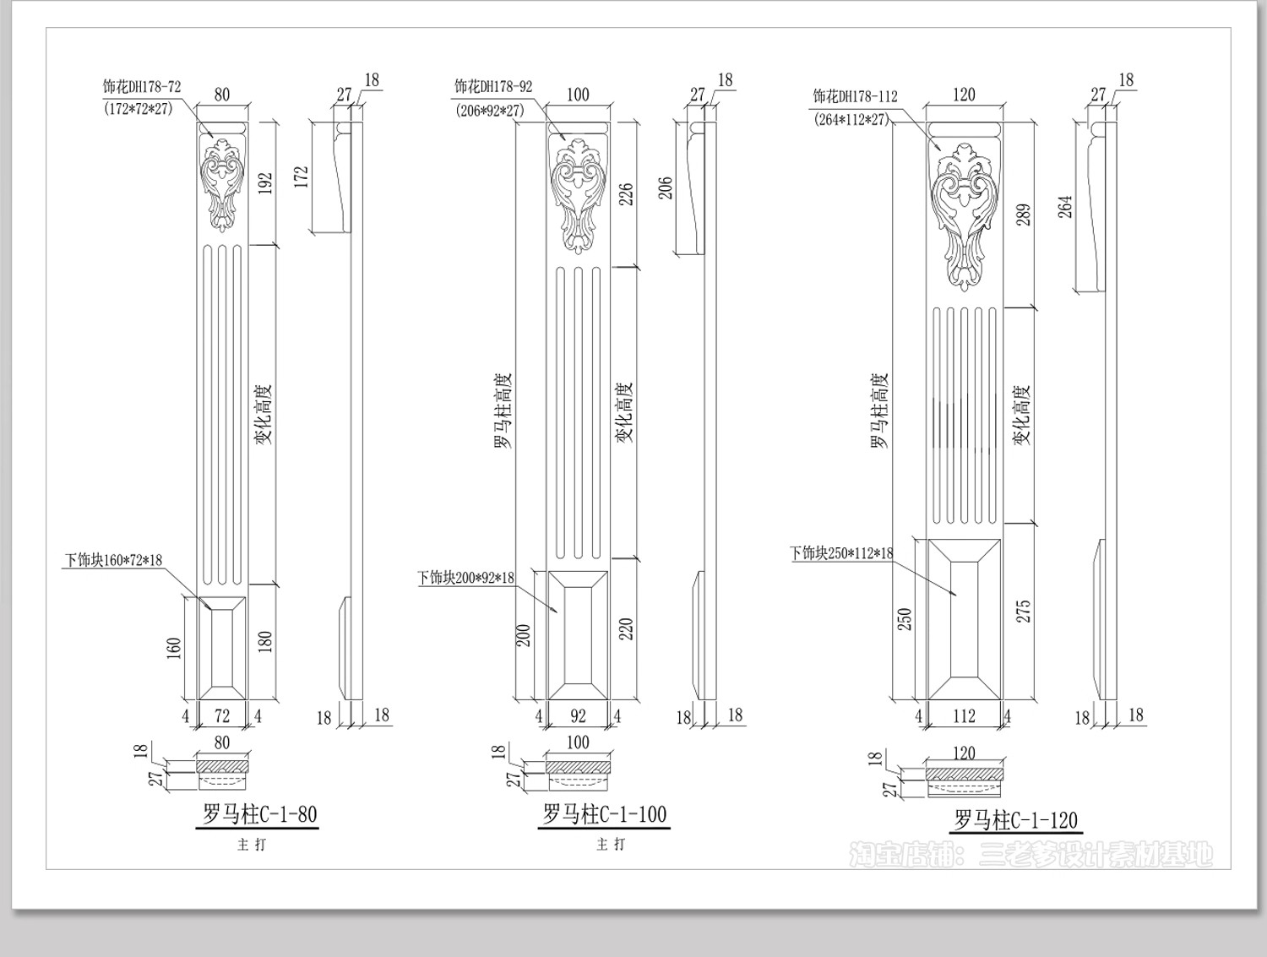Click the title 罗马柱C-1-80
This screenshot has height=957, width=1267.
(259, 814)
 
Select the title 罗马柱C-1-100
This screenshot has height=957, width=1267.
(604, 814)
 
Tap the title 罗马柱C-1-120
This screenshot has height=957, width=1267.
(1016, 819)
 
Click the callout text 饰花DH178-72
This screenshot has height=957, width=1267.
(142, 87)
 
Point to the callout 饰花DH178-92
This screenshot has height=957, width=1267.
(493, 87)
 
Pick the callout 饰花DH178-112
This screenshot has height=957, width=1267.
(856, 96)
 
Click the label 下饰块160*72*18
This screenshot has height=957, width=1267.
(113, 560)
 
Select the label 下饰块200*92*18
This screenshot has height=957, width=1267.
(465, 578)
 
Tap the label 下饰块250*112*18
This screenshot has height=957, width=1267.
(841, 553)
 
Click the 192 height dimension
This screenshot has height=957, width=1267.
(265, 183)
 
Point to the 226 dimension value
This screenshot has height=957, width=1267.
(627, 194)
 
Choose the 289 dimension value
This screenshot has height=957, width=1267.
(1024, 215)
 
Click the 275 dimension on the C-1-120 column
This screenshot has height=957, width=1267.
(1023, 612)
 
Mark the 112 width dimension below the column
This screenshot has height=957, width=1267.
(964, 716)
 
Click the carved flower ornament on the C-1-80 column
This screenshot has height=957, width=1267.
(221, 185)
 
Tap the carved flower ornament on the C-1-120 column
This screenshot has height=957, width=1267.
(964, 216)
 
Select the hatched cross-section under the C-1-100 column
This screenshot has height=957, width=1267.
(578, 766)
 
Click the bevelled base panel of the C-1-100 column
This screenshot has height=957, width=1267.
(578, 635)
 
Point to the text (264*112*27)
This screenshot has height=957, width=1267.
(852, 120)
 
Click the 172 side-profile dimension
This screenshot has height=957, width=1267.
(302, 177)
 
